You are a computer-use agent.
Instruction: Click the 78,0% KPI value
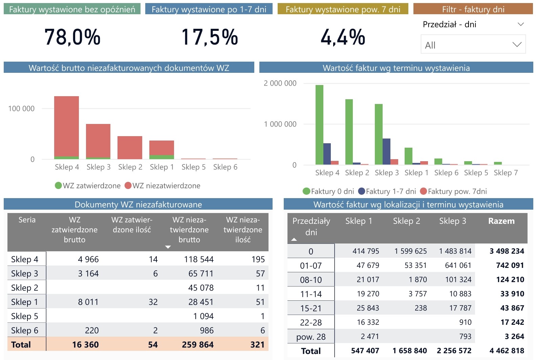pos(72,37)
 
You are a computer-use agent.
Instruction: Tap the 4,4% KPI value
pos(343,37)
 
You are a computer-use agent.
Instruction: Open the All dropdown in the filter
pos(473,45)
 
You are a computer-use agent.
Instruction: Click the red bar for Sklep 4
pos(66,125)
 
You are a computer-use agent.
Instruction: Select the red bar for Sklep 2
pos(130,147)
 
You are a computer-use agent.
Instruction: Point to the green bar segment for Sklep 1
pos(162,157)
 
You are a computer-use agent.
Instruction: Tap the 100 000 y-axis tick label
pos(21,109)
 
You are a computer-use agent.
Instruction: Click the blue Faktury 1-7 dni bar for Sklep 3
pos(386,151)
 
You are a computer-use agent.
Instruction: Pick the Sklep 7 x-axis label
pos(506,173)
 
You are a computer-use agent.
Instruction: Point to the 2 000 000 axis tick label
pos(280,83)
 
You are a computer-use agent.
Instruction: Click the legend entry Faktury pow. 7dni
pos(454,191)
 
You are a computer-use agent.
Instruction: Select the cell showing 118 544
pos(199,259)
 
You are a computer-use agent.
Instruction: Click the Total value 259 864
pos(198,345)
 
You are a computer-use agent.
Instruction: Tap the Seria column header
pos(27,220)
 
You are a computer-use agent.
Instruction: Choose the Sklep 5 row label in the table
pos(25,316)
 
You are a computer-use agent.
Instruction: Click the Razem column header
pos(501,221)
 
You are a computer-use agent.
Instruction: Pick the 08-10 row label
pos(311,280)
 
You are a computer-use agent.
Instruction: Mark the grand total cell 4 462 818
pos(507,351)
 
